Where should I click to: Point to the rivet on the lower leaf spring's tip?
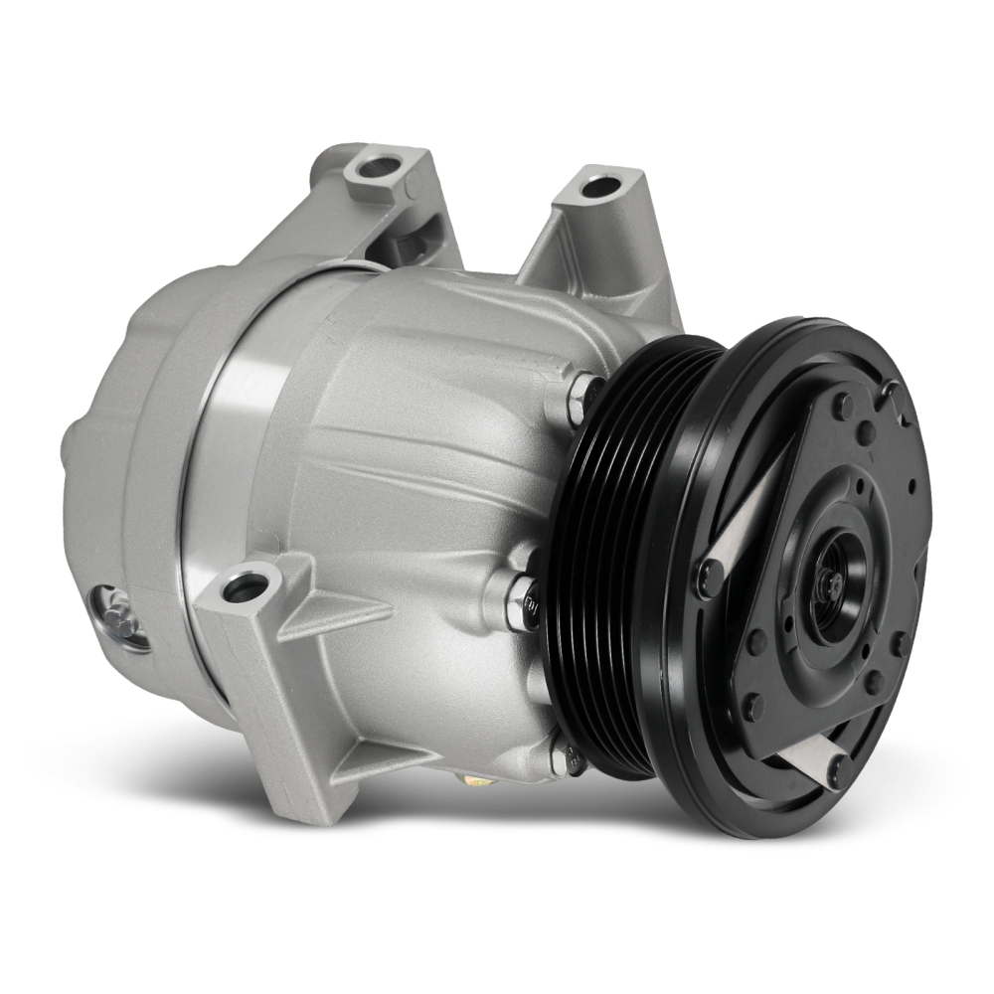(840, 770)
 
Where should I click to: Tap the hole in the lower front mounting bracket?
(245, 586)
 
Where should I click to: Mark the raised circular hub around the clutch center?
(830, 586)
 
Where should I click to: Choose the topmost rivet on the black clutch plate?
(844, 407)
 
